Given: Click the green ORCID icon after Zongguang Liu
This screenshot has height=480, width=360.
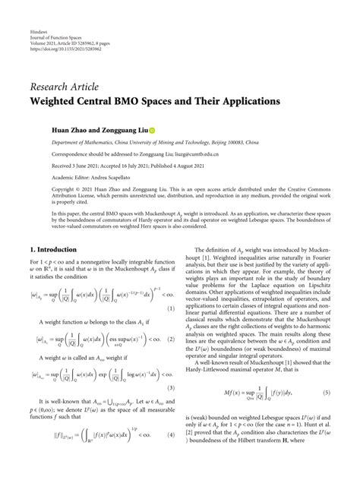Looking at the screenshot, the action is click(150, 131).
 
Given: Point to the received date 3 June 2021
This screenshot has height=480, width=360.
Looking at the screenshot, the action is click(86, 165).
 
